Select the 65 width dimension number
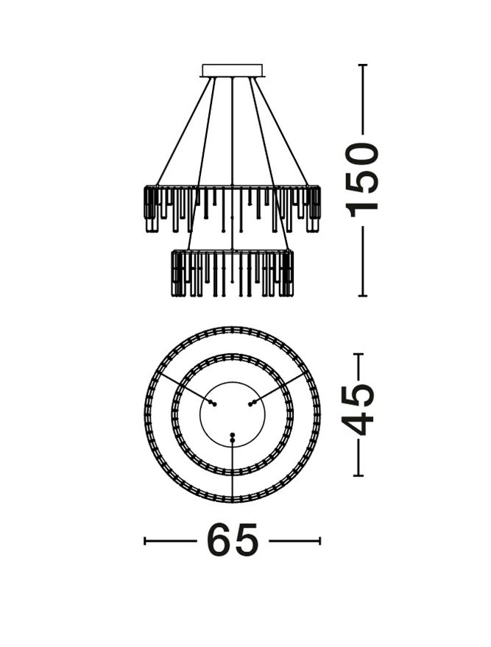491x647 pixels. (233, 540)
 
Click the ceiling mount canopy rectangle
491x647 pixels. (232, 70)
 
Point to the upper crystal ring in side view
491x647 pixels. (232, 209)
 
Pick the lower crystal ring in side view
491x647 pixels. (232, 273)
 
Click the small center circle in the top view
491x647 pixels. (233, 414)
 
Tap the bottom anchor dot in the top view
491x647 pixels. (233, 437)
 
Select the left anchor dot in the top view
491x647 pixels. (212, 403)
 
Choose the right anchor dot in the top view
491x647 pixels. (252, 403)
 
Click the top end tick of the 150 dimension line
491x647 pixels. (363, 65)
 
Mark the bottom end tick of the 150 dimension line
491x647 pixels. (363, 295)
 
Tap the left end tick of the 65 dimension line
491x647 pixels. (145, 541)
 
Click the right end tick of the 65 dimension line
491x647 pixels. (319, 541)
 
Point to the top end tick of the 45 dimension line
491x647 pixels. (358, 355)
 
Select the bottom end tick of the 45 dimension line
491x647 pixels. (358, 475)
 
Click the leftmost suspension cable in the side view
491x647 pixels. (183, 131)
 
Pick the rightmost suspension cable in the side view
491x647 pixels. (280, 131)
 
